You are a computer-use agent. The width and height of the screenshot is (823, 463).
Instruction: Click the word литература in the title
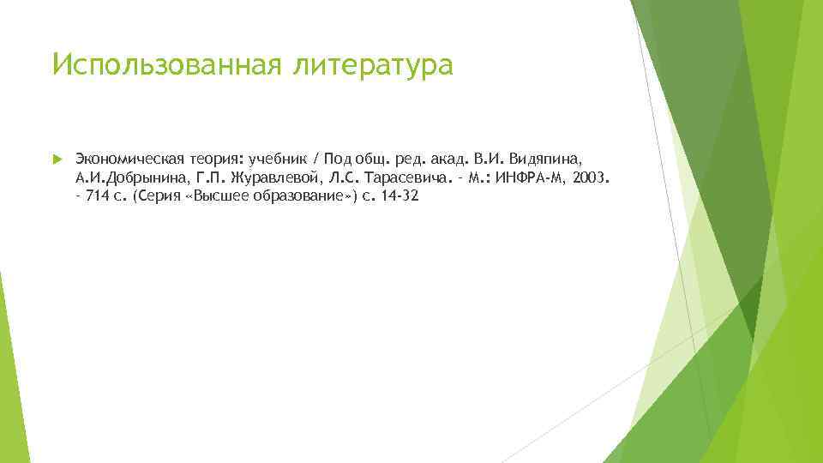pyautogui.click(x=375, y=65)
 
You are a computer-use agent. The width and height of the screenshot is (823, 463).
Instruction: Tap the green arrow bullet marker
pyautogui.click(x=57, y=159)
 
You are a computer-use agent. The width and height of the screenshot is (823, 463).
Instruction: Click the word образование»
pyautogui.click(x=297, y=195)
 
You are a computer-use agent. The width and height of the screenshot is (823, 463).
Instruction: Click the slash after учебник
pyautogui.click(x=316, y=159)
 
